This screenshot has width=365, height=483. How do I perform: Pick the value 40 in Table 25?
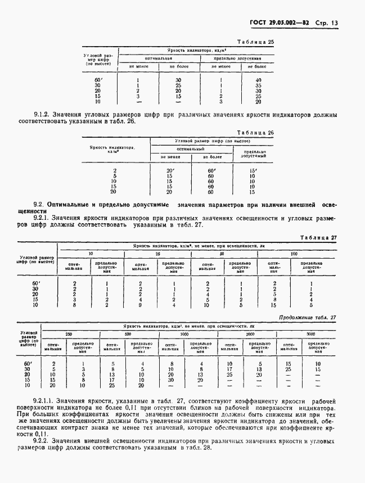click(x=258, y=80)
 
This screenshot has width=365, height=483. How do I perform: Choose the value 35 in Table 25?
click(x=258, y=85)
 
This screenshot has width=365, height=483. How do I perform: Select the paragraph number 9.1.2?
click(x=43, y=115)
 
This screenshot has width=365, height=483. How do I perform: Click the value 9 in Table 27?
click(x=139, y=305)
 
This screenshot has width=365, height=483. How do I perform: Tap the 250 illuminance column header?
click(x=69, y=334)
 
